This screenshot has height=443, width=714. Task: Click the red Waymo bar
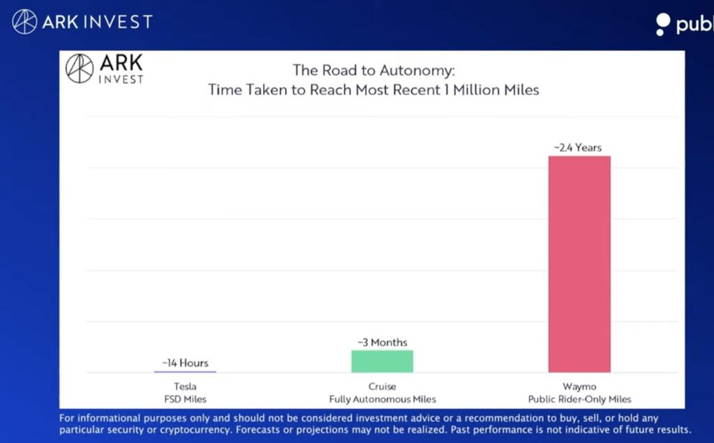pos(579,264)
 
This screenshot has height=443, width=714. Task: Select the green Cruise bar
pos(382,361)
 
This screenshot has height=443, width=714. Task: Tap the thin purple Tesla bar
pos(185,372)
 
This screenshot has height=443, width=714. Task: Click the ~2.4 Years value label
pos(578,147)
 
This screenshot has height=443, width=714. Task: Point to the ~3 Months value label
pos(382,342)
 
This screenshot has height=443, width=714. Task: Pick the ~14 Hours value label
pos(185,363)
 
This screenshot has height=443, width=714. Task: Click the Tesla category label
pos(185,386)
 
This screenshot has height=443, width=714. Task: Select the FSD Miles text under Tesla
pos(185,399)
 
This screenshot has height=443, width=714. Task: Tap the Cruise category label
pos(382,386)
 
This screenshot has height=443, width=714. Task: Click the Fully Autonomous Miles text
pos(382,399)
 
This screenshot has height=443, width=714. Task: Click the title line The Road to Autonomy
pos(373,70)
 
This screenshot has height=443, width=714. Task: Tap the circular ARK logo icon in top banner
pos(24,22)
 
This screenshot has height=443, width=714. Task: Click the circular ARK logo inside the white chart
pos(79,68)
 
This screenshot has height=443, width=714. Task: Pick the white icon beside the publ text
pos(663,24)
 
